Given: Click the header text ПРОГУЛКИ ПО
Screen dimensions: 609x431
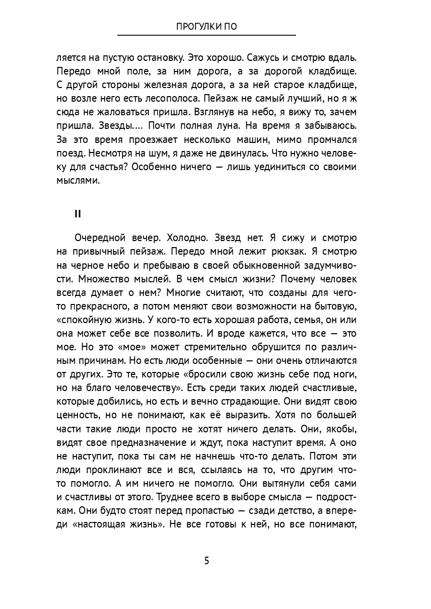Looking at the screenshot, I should pyautogui.click(x=206, y=27).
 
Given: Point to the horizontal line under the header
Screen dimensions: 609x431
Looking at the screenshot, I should pyautogui.click(x=206, y=35).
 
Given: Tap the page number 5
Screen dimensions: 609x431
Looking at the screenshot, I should pyautogui.click(x=206, y=561).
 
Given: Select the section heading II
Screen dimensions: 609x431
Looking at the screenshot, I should pyautogui.click(x=78, y=214).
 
